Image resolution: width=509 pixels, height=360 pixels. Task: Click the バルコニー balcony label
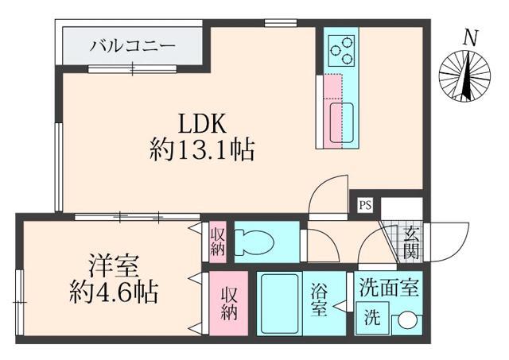133,46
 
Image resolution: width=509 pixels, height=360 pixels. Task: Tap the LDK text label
202,123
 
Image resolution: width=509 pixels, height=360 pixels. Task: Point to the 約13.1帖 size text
202,149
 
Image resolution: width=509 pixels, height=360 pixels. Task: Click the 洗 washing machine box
371,320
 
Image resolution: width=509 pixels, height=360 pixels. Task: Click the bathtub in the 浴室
278,305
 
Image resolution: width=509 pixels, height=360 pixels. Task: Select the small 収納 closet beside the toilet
218,242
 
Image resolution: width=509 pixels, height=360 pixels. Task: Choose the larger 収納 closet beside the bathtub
230,303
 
